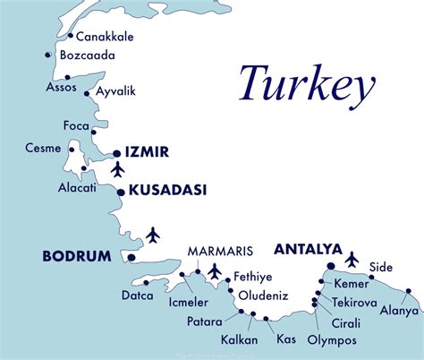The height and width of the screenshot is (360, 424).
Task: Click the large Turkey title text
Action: tap(305, 86)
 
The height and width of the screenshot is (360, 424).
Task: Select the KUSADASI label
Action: tap(168, 190)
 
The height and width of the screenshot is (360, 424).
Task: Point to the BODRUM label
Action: tap(77, 256)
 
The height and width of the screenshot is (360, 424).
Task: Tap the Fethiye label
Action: tap(252, 276)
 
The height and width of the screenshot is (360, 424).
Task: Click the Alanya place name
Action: tap(399, 311)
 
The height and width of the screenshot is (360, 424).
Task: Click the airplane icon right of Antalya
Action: tap(352, 260)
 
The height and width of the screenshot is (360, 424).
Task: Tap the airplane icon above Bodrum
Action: tap(153, 235)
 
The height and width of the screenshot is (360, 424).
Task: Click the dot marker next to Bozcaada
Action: tap(47, 56)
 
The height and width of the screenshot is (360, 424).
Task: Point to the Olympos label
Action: tap(332, 340)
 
